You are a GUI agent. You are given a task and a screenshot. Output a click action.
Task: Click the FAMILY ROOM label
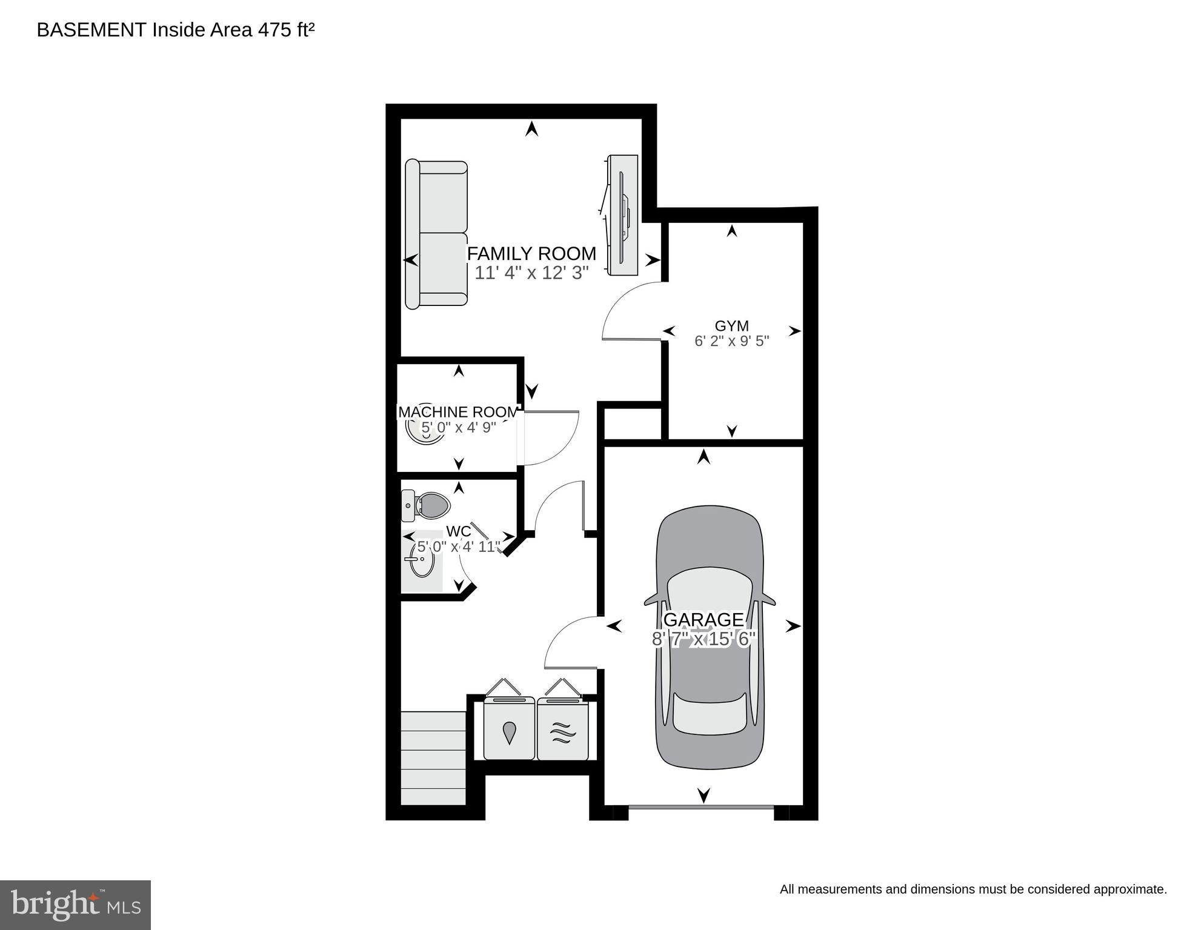[531, 253]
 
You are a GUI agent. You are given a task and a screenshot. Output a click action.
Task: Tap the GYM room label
[731, 326]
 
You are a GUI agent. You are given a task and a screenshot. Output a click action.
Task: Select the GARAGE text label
[703, 619]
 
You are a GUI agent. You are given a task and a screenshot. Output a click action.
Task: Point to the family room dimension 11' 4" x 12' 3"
[531, 273]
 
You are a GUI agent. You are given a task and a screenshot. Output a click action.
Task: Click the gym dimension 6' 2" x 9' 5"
[731, 341]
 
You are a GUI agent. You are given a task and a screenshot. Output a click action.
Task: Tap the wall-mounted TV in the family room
[623, 216]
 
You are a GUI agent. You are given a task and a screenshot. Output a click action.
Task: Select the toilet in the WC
[427, 505]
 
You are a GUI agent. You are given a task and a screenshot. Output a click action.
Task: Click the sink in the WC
[421, 559]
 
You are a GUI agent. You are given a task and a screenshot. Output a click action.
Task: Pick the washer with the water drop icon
[509, 729]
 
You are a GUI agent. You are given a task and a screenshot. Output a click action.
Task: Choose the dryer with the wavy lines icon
[562, 731]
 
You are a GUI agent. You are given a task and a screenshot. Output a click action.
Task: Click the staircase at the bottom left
[433, 758]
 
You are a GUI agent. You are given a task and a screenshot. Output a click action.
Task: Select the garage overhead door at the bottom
[701, 807]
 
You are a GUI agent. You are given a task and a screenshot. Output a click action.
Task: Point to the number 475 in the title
[275, 30]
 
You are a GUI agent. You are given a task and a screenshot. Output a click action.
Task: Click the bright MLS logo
[75, 905]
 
